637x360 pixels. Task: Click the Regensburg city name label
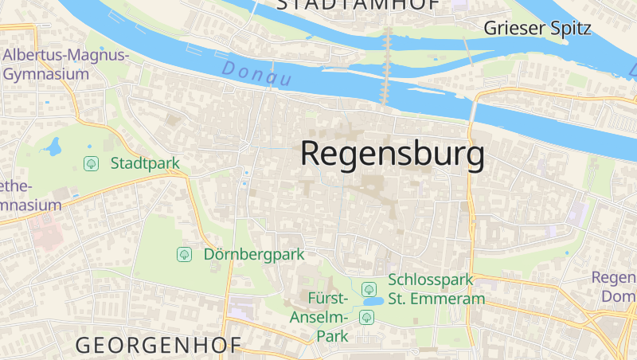(x=393, y=154)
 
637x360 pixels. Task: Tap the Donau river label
(x=256, y=74)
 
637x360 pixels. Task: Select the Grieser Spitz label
(x=538, y=29)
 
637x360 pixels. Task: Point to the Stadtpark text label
(x=146, y=163)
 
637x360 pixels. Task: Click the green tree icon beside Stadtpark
(x=92, y=163)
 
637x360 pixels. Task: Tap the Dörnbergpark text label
(x=255, y=255)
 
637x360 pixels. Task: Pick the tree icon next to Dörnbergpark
(x=184, y=255)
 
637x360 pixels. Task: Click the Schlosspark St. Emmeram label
(x=436, y=289)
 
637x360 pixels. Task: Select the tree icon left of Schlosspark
(x=369, y=289)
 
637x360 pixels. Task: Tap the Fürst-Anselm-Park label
(x=329, y=317)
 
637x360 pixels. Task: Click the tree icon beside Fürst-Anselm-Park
(x=366, y=318)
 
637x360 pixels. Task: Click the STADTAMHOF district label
(x=358, y=5)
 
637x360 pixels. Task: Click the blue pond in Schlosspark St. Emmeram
(x=372, y=303)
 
